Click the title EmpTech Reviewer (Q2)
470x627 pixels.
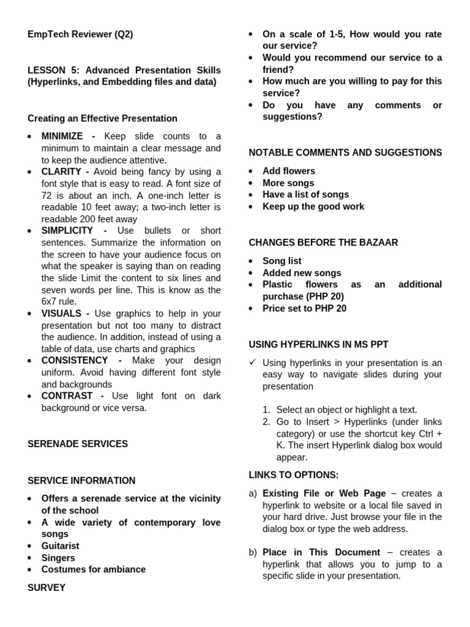point(80,34)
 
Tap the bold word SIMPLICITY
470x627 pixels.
point(67,230)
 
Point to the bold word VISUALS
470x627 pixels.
point(61,313)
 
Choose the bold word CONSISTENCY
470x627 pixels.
point(75,361)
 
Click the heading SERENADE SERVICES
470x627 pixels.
point(78,444)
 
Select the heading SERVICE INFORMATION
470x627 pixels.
point(81,481)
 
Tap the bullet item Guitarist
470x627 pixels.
point(60,546)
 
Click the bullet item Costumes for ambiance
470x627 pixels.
point(93,569)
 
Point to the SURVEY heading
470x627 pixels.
point(47,588)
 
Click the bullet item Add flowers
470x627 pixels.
point(289,171)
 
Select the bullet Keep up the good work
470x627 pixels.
point(313,206)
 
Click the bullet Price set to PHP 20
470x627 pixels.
point(304,309)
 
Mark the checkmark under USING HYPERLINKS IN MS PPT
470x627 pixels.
point(252,362)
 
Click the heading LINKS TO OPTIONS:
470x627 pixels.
point(293,475)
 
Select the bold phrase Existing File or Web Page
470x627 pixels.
point(324,494)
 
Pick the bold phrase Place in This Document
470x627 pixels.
point(321,552)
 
